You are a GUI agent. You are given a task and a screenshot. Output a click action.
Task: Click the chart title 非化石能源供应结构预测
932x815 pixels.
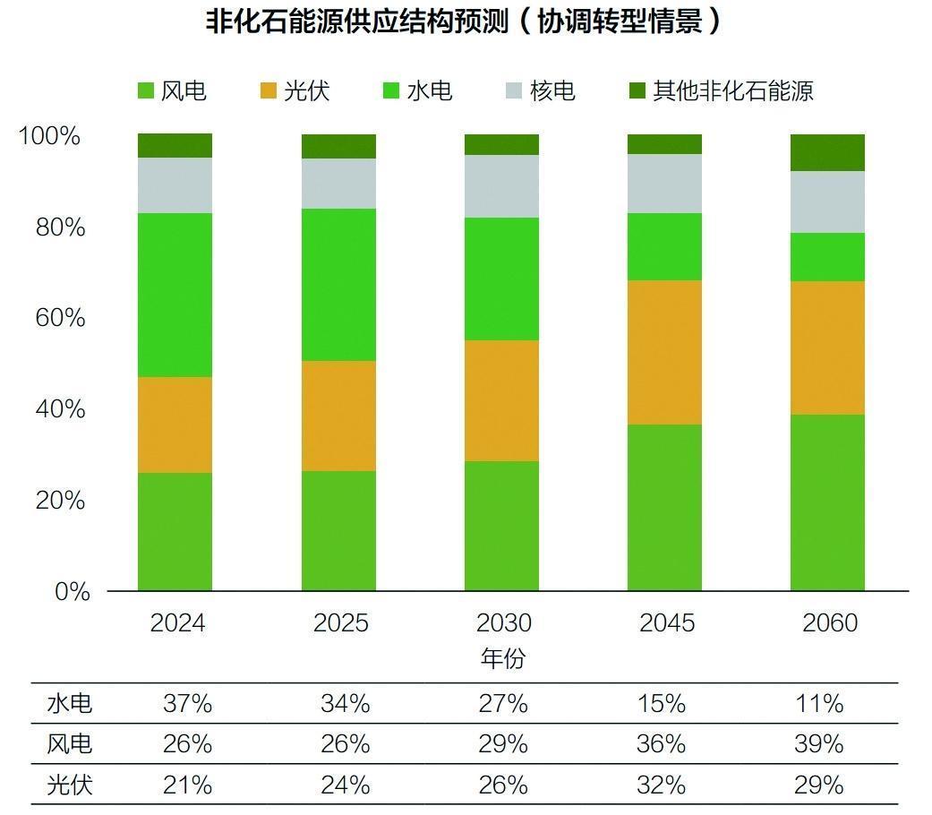click(464, 21)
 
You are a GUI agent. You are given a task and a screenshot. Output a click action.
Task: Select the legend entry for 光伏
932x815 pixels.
click(295, 90)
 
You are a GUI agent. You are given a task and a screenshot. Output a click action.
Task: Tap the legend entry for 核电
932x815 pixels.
click(540, 90)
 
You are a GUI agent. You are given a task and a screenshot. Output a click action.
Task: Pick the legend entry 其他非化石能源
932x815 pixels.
click(721, 90)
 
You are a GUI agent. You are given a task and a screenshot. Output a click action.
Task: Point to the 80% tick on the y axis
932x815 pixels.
click(61, 227)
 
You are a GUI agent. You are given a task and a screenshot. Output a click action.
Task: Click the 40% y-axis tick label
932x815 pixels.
click(61, 409)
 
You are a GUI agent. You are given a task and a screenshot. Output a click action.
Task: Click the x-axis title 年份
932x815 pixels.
click(502, 659)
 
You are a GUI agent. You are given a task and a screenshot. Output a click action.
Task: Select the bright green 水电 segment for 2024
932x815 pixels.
click(175, 295)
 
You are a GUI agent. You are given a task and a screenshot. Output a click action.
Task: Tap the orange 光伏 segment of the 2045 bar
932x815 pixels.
click(664, 352)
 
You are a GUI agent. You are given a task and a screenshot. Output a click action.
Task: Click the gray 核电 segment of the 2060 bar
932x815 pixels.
click(827, 202)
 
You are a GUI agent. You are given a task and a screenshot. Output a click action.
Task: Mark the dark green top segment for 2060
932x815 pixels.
click(827, 152)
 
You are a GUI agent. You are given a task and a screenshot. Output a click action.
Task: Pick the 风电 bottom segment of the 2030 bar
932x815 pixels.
click(501, 526)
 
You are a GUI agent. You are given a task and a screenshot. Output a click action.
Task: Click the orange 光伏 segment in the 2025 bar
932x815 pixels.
click(338, 416)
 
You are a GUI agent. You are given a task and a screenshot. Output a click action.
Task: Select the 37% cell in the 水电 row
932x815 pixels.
click(187, 704)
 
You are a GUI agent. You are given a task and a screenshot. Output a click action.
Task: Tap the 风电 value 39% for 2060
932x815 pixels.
click(819, 744)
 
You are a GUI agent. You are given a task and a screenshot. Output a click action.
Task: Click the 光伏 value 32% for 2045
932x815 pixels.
click(662, 785)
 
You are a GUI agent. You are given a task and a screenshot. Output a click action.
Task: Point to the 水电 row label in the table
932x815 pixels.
click(69, 704)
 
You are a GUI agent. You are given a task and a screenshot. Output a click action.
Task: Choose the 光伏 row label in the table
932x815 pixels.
click(69, 785)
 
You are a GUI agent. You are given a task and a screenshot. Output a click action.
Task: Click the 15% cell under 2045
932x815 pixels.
click(662, 704)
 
